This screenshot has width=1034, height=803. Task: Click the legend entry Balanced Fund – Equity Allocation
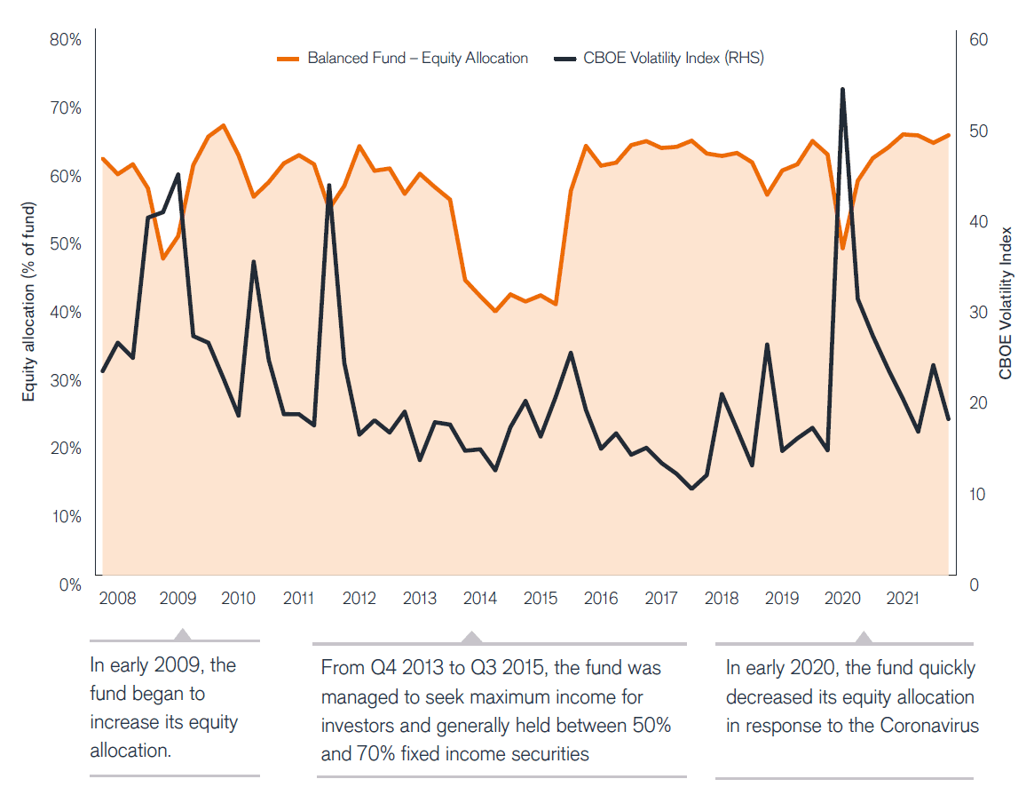click(x=417, y=59)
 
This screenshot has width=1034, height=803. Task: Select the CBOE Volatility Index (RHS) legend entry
click(x=673, y=59)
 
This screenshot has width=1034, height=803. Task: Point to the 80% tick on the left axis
click(x=66, y=40)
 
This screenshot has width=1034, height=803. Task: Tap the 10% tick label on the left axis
click(x=66, y=517)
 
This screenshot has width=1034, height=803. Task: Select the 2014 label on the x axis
click(x=480, y=599)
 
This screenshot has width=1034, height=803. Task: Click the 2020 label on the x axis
click(x=842, y=599)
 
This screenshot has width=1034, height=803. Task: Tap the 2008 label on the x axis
click(x=118, y=599)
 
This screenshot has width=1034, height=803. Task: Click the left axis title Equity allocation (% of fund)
click(x=29, y=313)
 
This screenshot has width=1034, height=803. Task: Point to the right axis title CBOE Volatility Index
click(x=1006, y=303)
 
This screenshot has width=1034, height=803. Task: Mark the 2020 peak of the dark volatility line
click(x=842, y=90)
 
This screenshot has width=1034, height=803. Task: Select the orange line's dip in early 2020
click(x=843, y=248)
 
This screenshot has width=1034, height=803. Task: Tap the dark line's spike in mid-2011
click(x=329, y=186)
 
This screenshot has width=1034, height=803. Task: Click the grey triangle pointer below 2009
click(x=182, y=634)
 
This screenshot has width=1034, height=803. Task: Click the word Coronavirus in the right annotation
click(x=929, y=726)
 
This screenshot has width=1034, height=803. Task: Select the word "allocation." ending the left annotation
click(x=130, y=751)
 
